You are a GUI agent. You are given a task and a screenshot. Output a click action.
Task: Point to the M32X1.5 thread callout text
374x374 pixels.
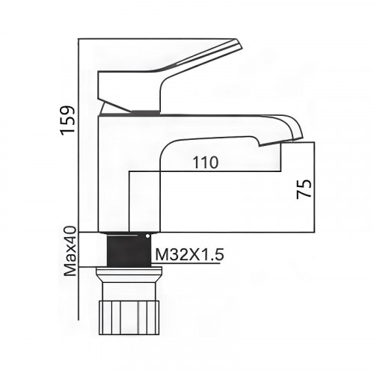(189, 254)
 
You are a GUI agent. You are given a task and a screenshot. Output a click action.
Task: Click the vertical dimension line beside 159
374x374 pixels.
(79, 135)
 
